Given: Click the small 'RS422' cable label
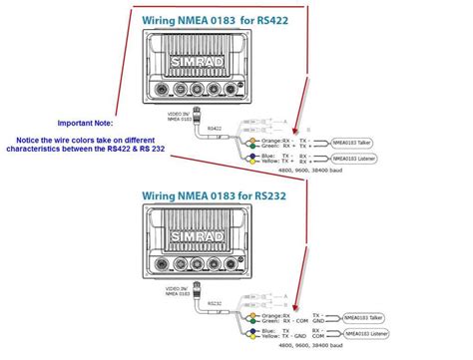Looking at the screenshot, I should pos(214,129).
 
